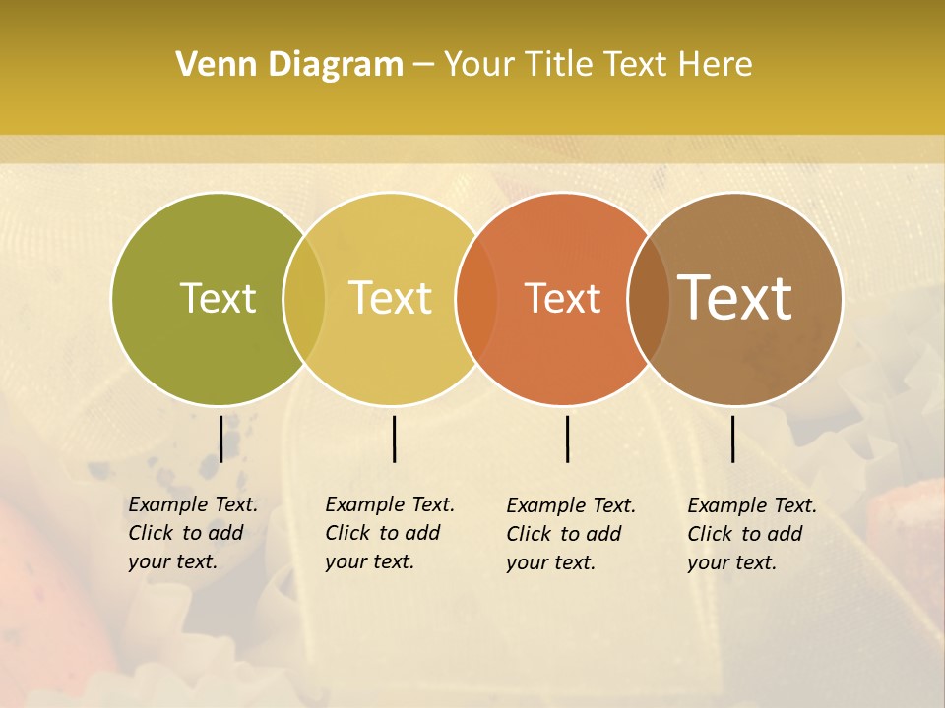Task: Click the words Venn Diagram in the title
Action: [289, 65]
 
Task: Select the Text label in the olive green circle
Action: [218, 298]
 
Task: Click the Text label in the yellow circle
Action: [390, 298]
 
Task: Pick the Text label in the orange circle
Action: [562, 298]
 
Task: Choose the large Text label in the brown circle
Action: [735, 298]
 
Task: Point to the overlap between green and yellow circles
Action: [304, 299]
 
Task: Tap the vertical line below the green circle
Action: [221, 439]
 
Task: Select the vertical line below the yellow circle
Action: [394, 439]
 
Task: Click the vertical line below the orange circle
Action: [568, 439]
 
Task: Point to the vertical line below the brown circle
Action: [733, 439]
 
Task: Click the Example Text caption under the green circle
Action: [192, 533]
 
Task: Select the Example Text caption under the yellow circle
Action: [389, 533]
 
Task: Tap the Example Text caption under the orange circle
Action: [571, 534]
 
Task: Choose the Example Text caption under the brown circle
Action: [751, 534]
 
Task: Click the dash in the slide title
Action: [423, 65]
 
